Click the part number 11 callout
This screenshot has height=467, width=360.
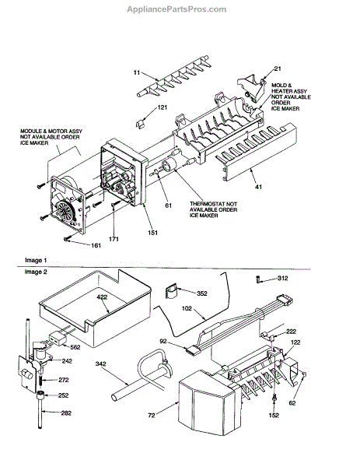[137, 72]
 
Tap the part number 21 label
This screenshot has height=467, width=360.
[278, 68]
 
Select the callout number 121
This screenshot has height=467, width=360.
[163, 107]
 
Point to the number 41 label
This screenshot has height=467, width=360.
[259, 187]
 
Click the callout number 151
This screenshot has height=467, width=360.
[152, 233]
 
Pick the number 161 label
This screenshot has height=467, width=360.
[96, 245]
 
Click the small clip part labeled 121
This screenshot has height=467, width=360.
[140, 124]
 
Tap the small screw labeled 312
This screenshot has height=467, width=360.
[257, 279]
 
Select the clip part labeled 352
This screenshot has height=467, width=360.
[171, 291]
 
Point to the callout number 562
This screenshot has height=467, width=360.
[75, 347]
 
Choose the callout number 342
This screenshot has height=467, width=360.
[101, 363]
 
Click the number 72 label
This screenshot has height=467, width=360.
[152, 415]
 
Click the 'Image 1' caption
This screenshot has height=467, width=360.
[36, 260]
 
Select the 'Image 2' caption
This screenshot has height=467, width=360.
[36, 272]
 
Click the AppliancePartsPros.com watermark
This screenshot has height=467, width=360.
[177, 9]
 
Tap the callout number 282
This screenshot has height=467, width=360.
[66, 413]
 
